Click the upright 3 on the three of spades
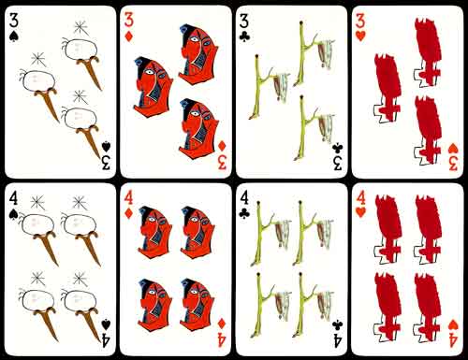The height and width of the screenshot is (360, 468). [14, 21]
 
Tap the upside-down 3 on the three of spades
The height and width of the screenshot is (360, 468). [106, 163]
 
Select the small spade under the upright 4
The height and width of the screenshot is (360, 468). [13, 214]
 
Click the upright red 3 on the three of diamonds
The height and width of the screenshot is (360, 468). [129, 20]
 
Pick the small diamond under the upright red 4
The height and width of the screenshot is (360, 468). [128, 213]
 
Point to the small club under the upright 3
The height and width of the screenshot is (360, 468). [244, 37]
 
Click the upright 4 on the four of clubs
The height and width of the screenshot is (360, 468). [244, 197]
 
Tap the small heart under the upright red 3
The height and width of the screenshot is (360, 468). [360, 36]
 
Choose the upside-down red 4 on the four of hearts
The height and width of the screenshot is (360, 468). [453, 339]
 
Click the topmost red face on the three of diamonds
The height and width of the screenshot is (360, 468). [197, 55]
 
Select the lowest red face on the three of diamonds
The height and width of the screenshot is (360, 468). [199, 128]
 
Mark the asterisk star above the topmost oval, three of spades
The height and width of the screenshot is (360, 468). [81, 28]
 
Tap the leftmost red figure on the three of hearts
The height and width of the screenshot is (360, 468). [388, 87]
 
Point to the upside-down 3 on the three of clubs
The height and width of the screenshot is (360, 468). [337, 163]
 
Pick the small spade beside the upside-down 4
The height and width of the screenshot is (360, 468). [106, 324]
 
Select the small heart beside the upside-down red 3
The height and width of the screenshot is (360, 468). [453, 149]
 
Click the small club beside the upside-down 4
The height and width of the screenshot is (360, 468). [337, 324]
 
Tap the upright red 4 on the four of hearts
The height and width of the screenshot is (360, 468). [360, 197]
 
